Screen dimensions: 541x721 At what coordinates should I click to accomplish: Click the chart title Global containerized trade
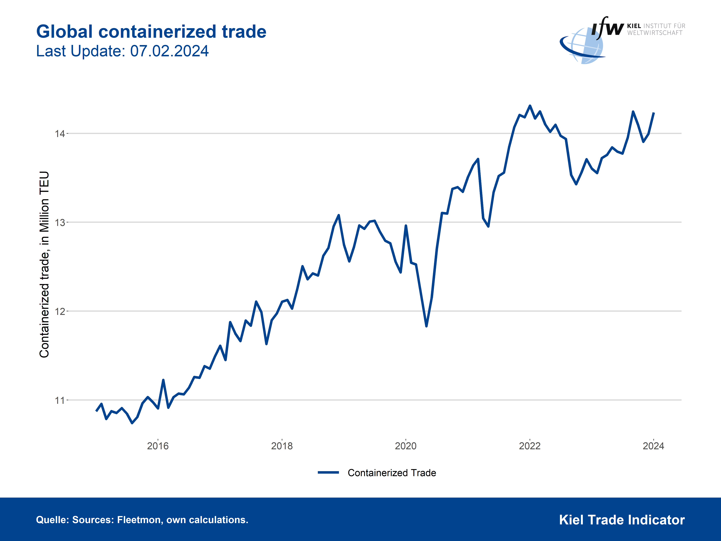coord(151,32)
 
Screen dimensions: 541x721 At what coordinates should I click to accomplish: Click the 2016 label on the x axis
coord(158,446)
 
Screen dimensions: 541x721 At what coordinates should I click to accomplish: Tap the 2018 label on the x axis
coord(282,446)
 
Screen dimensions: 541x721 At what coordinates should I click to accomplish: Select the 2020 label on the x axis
coord(406,446)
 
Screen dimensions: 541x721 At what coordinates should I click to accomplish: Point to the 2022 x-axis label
coord(530,446)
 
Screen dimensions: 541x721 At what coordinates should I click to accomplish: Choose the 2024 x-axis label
coord(654,446)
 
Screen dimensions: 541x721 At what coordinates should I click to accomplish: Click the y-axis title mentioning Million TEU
coord(44,264)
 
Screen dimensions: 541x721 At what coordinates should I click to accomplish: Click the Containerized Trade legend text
coord(392,473)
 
